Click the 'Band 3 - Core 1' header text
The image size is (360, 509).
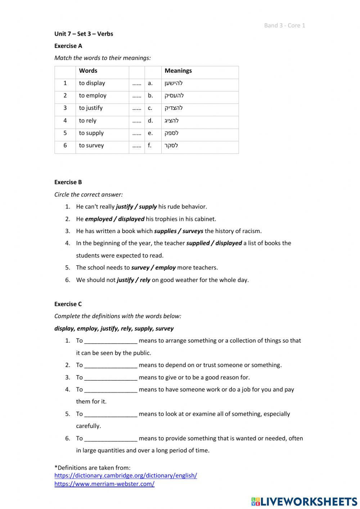pos(284,25)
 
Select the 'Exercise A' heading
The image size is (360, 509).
pos(68,46)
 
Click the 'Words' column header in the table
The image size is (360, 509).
pos(88,71)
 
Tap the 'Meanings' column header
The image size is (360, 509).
pos(178,71)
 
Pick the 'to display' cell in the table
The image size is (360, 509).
pos(92,83)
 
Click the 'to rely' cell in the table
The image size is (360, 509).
pos(87,121)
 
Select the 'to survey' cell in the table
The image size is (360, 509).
pos(91,146)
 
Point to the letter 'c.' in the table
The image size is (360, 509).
pos(150,108)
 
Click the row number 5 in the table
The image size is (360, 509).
pos(65,133)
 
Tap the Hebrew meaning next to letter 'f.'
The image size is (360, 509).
pos(171,146)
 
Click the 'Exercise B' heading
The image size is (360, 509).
pos(68,182)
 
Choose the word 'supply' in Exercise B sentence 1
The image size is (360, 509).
pos(148,207)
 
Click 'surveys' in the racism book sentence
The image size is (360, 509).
pos(193,231)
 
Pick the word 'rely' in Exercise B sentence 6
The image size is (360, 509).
pos(145,280)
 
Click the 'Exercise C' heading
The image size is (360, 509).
pos(68,304)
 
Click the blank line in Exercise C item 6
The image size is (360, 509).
pos(111,439)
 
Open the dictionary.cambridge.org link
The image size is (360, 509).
pos(126,475)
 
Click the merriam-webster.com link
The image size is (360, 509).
pos(104,484)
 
